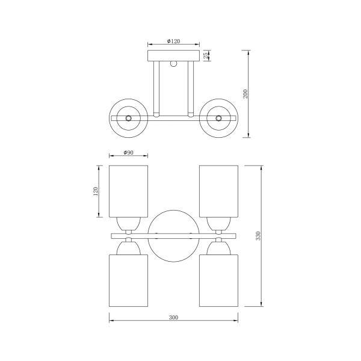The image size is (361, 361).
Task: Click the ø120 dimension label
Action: point(173,41)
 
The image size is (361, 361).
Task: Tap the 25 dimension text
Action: point(206,55)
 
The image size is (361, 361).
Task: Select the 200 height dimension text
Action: point(245,94)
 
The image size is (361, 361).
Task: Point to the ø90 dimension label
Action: point(128,152)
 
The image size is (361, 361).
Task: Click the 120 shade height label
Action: point(95,191)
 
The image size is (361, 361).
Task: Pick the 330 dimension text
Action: point(258,236)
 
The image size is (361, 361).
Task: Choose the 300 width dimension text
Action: point(173,318)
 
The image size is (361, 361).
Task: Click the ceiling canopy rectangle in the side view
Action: point(174,56)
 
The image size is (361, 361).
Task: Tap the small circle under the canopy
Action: point(174,64)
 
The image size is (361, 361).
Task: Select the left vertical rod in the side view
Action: point(156,89)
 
